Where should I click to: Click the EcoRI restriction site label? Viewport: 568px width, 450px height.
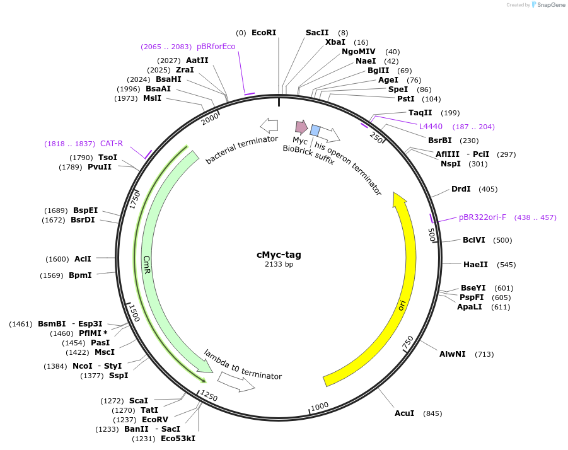tap(264, 33)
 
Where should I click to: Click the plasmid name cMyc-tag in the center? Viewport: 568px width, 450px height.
tap(279, 255)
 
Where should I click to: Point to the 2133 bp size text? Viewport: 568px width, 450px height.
tap(279, 265)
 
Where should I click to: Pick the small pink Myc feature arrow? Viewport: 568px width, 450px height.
tap(301, 127)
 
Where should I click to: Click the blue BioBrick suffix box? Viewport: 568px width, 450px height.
tap(315, 130)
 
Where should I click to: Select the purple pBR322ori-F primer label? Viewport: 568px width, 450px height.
tap(482, 217)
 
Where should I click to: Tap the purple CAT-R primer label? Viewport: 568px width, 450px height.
tap(112, 144)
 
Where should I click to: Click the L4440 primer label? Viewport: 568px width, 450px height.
tap(431, 127)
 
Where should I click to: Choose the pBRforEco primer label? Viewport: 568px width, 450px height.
tap(216, 47)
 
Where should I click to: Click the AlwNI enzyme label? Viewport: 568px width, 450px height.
tap(453, 354)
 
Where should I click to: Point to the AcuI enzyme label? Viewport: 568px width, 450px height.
tap(404, 413)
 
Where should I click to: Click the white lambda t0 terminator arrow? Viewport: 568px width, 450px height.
tap(236, 381)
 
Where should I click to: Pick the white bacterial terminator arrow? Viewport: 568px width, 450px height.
tap(269, 124)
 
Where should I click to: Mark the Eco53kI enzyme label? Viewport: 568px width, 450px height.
tap(178, 439)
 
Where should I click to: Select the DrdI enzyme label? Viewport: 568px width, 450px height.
tap(461, 189)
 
